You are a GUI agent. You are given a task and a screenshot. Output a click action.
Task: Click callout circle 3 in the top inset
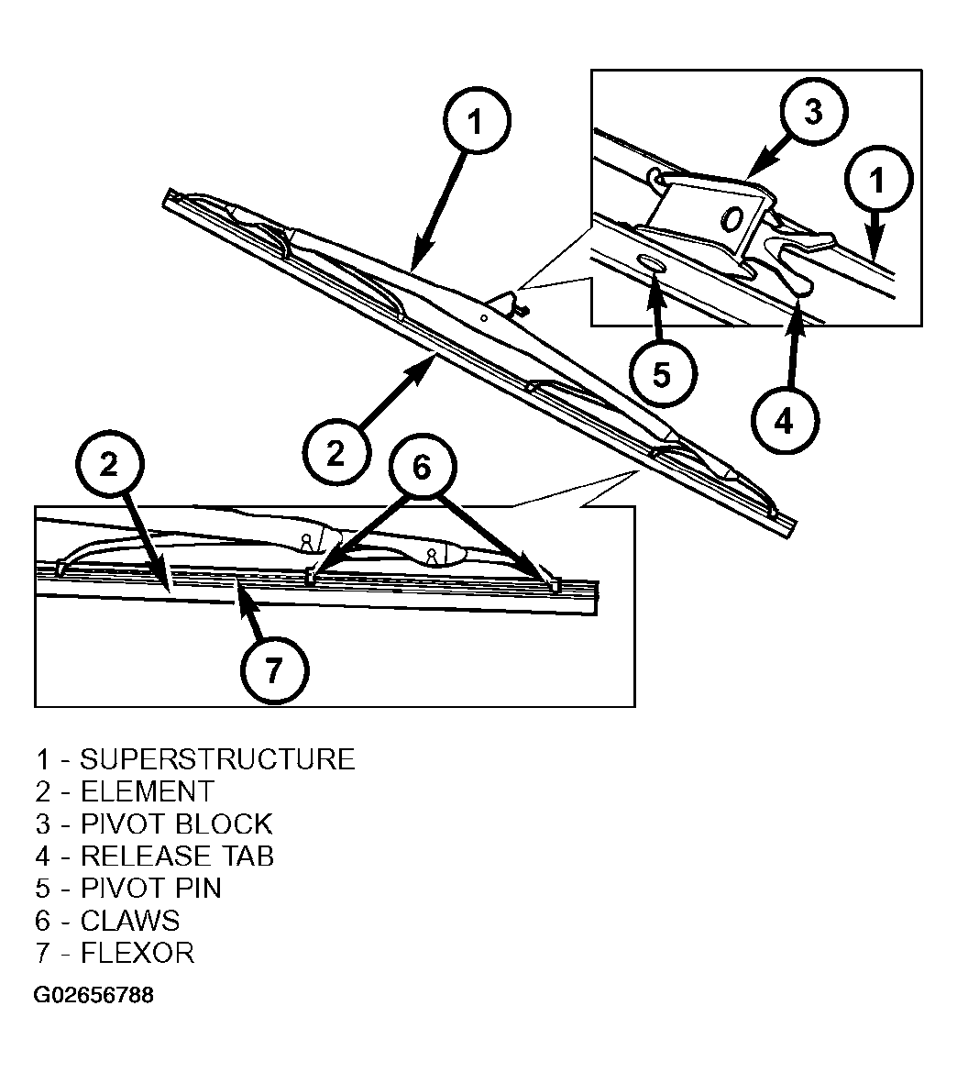[813, 110]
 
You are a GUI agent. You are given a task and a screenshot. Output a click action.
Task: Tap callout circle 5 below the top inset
[661, 375]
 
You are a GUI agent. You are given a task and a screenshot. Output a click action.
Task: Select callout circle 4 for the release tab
[784, 421]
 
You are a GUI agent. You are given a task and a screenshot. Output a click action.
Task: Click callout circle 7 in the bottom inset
[274, 670]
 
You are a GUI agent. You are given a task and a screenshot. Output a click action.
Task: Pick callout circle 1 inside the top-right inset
[878, 180]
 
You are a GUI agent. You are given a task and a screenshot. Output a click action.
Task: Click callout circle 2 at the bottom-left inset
[110, 465]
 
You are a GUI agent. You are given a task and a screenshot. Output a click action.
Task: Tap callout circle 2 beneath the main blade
[335, 453]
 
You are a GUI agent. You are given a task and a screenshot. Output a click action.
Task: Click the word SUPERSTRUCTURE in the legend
[217, 759]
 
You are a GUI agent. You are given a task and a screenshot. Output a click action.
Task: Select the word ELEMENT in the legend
[148, 791]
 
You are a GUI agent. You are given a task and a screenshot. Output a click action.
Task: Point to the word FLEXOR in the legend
[137, 953]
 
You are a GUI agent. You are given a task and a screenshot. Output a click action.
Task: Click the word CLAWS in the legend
[130, 921]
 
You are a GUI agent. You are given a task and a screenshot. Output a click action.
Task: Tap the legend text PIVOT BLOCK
[177, 823]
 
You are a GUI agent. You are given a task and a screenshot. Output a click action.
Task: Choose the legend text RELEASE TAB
[178, 856]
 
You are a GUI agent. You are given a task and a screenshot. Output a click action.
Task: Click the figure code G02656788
[93, 995]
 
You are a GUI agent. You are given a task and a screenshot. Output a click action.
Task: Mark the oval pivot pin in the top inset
[649, 263]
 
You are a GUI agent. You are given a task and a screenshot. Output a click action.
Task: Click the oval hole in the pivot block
[732, 219]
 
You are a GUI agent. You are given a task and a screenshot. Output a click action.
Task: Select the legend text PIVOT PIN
[151, 888]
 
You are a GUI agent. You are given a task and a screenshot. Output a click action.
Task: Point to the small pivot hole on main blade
[484, 318]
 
